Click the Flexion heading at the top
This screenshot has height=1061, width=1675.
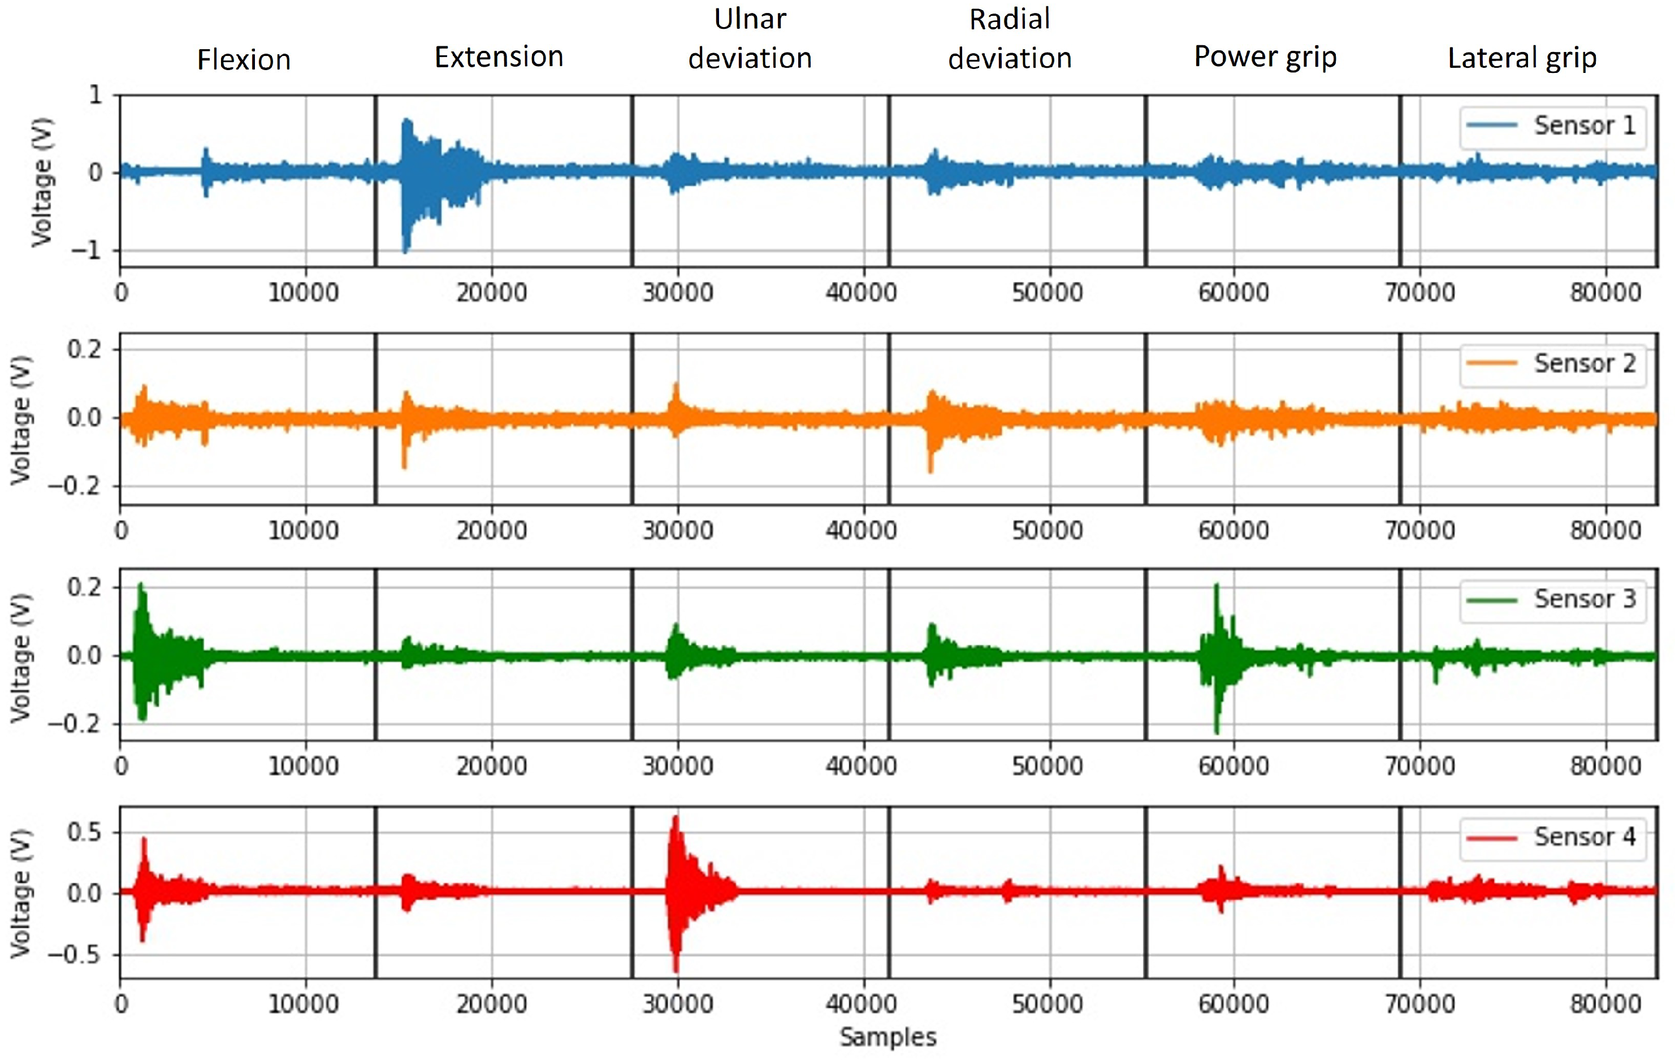tap(244, 60)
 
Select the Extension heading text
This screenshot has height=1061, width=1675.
tap(499, 57)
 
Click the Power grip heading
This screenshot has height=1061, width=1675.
tap(1265, 57)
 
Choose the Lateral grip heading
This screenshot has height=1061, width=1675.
tap(1522, 58)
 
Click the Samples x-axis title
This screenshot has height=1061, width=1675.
tap(888, 1037)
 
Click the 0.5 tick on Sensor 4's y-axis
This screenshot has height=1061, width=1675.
tap(84, 832)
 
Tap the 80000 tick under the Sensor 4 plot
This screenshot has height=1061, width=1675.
tap(1605, 1004)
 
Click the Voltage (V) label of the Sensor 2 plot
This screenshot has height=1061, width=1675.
tap(21, 419)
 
